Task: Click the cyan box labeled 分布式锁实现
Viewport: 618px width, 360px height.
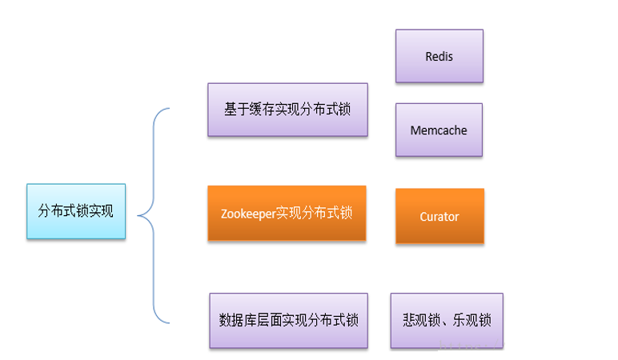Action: [x=76, y=211]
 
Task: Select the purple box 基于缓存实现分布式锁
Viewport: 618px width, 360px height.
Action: [x=287, y=110]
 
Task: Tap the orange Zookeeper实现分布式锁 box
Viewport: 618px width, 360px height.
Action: [x=287, y=214]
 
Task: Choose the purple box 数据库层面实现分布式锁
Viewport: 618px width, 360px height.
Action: [x=288, y=320]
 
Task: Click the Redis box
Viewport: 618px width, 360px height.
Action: [x=439, y=56]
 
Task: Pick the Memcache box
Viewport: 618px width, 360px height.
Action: [x=439, y=130]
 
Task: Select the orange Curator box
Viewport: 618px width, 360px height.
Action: [x=439, y=216]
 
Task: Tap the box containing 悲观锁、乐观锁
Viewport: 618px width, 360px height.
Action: [x=447, y=320]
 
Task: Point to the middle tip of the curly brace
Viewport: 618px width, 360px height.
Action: [x=138, y=214]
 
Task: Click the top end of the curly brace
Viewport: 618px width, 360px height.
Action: [x=171, y=109]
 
